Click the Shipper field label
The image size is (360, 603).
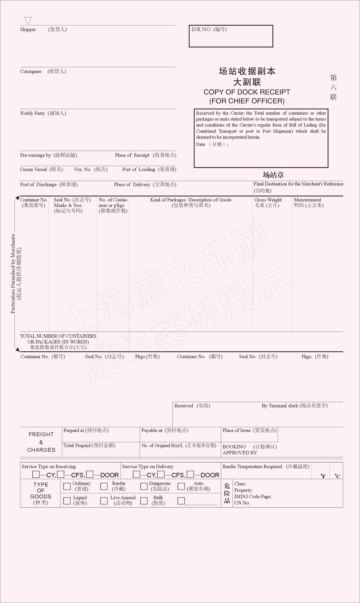[28, 30]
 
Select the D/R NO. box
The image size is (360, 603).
[231, 36]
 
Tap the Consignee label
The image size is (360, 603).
[31, 72]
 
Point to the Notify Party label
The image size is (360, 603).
[32, 113]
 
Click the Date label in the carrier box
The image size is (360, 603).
[201, 144]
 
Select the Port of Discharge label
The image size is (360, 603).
[38, 185]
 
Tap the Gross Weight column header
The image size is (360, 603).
[268, 200]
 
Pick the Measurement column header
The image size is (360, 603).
[307, 200]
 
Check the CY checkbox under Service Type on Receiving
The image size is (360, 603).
[36, 474]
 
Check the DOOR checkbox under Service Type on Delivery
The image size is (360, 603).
[190, 474]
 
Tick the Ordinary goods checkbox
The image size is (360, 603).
[67, 486]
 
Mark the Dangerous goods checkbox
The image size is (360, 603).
[144, 486]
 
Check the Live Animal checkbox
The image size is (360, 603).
[104, 500]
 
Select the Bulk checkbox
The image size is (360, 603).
[144, 500]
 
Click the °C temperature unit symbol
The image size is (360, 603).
[337, 476]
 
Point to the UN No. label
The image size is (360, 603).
[242, 503]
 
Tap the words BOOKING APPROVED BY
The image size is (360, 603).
[240, 450]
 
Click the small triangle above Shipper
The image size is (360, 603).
[28, 21]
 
